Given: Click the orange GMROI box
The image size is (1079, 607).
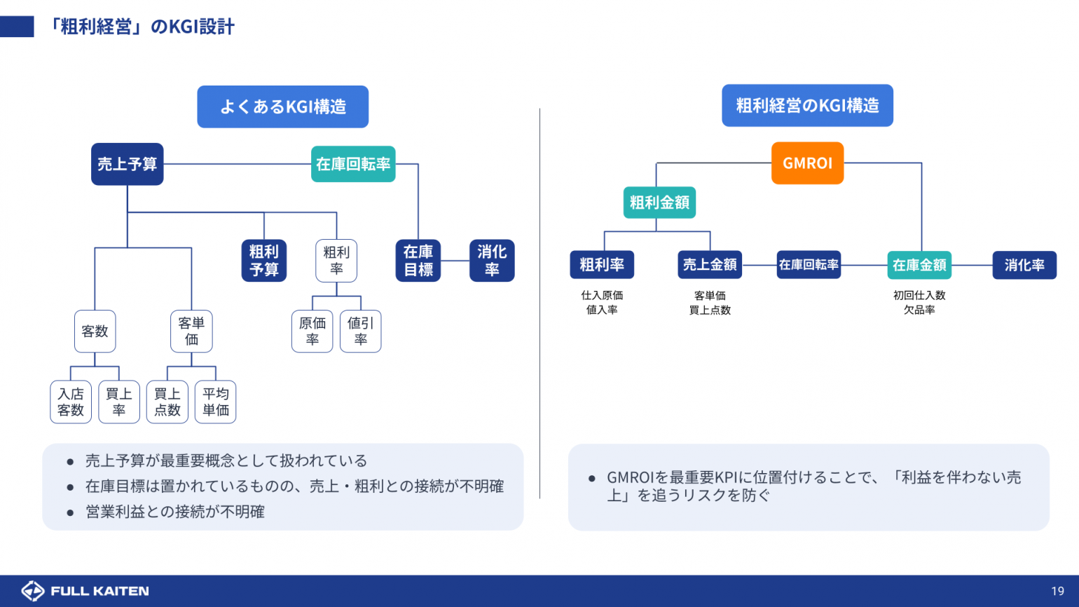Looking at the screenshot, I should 807,163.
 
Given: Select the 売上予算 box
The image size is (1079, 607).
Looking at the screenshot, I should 127,164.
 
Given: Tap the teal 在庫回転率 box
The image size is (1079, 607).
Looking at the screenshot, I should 353,164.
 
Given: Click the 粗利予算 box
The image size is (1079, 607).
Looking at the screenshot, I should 264,261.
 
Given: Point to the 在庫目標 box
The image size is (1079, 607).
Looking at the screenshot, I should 418,261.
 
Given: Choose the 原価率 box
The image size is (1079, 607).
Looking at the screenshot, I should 312,331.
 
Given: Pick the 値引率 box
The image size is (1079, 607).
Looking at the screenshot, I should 361,331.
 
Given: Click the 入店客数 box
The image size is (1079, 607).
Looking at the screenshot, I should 71,402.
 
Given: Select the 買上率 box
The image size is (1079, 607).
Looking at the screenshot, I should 119,402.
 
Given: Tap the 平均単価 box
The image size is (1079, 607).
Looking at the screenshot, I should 216,402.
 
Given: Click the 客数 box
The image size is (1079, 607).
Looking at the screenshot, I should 95,331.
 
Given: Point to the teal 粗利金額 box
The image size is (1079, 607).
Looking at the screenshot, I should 659,203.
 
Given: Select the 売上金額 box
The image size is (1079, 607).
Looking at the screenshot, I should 710,265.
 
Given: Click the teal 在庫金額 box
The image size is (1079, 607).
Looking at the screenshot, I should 919,265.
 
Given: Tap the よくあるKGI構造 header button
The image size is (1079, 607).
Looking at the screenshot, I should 283,107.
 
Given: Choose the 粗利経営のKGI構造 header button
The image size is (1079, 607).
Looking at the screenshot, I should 807,106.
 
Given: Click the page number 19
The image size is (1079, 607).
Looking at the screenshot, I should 1057,591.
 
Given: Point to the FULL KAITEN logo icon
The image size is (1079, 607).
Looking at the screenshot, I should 33,591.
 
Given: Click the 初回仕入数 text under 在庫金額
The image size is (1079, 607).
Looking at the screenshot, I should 919,296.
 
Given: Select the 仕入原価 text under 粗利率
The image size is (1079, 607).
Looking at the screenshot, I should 602,296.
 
